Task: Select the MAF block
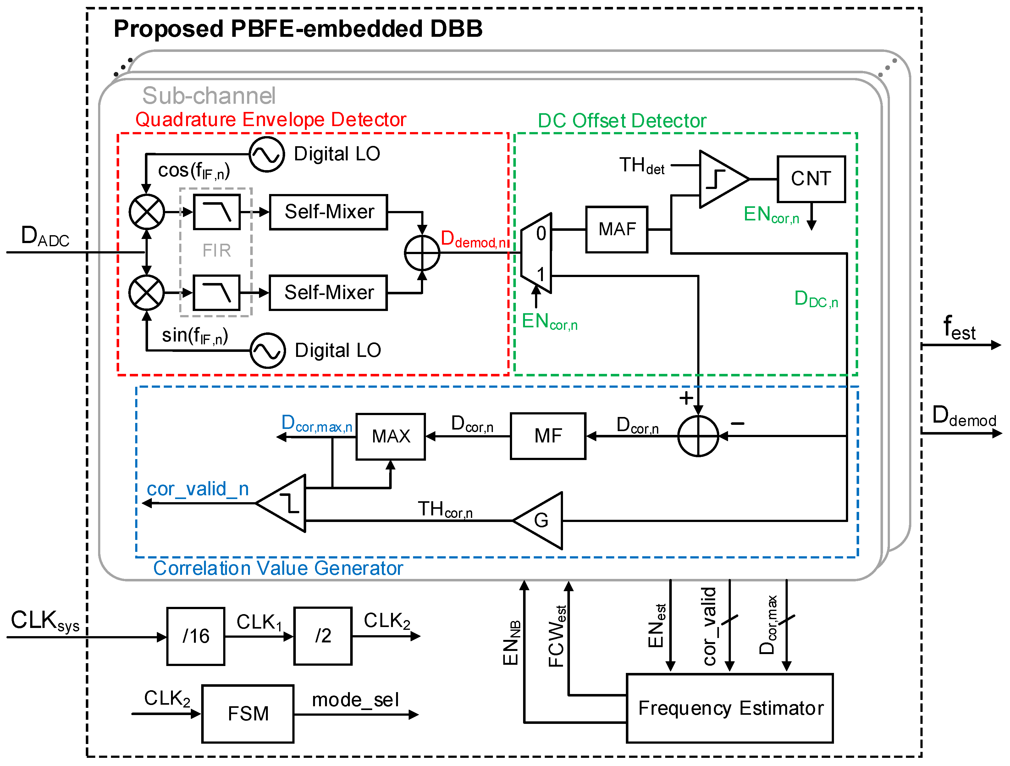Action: (x=616, y=229)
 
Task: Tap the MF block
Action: (x=548, y=436)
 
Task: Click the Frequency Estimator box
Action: (x=729, y=708)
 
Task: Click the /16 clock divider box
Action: (x=196, y=636)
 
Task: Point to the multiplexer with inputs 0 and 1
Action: (x=537, y=253)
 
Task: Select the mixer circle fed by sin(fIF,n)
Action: (x=146, y=293)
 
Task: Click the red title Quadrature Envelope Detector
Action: (x=270, y=120)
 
